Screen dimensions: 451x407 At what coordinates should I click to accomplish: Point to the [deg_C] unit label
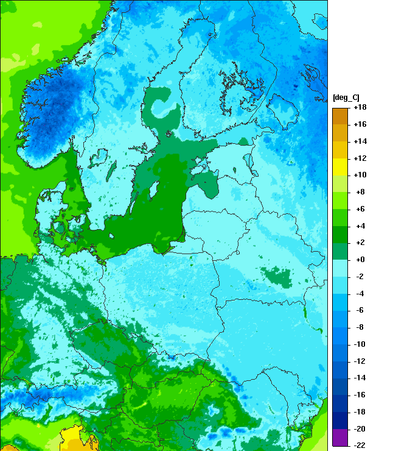coord(346,97)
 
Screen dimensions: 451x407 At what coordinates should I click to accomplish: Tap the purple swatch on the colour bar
coord(340,437)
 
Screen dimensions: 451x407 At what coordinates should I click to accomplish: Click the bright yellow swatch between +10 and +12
coord(340,166)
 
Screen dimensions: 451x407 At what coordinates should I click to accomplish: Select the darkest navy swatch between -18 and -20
coord(340,420)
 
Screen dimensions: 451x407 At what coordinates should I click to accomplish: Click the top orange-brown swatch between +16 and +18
coord(340,116)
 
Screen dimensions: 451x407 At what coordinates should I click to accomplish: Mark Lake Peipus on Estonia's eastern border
coord(249,162)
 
